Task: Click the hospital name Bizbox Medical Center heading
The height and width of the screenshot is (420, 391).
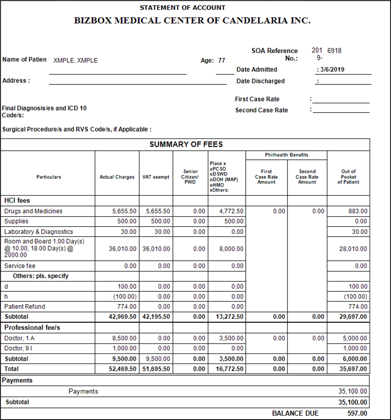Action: pyautogui.click(x=192, y=21)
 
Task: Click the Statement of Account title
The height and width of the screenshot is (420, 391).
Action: pyautogui.click(x=183, y=8)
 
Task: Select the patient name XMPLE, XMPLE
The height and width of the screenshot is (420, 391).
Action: pyautogui.click(x=75, y=61)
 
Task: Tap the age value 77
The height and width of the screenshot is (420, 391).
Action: pyautogui.click(x=222, y=61)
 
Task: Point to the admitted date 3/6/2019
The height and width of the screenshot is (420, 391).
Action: pyautogui.click(x=331, y=70)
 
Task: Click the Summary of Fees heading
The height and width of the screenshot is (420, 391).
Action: pyautogui.click(x=186, y=145)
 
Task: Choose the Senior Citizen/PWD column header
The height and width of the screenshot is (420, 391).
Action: pyautogui.click(x=191, y=177)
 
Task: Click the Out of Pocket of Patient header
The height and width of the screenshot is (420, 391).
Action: pyautogui.click(x=348, y=177)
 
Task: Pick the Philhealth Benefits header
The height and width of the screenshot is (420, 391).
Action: pyautogui.click(x=286, y=155)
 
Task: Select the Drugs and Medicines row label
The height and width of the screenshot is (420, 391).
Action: pyautogui.click(x=34, y=211)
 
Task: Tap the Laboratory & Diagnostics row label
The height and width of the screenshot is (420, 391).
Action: pyautogui.click(x=39, y=232)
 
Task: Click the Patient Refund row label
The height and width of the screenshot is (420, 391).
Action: pyautogui.click(x=25, y=307)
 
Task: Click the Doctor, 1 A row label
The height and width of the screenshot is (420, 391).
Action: pyautogui.click(x=22, y=338)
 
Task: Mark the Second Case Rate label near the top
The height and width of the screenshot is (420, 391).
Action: pyautogui.click(x=262, y=110)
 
